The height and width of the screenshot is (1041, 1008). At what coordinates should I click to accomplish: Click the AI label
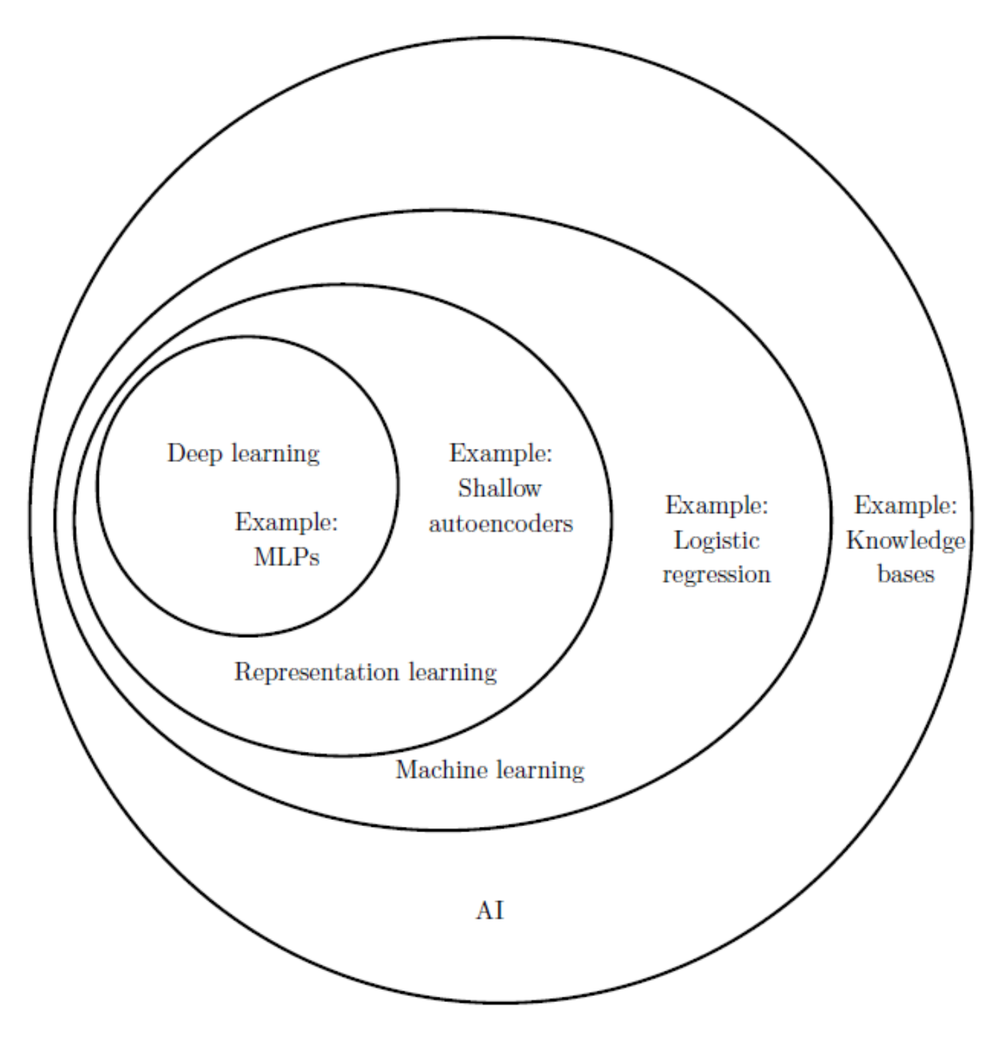[489, 911]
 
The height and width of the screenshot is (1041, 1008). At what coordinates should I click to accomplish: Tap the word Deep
[195, 454]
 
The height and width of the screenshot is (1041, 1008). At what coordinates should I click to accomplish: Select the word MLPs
[286, 557]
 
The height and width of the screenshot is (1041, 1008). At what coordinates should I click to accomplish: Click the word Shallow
[500, 488]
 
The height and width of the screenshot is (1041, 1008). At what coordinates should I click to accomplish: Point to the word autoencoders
[501, 524]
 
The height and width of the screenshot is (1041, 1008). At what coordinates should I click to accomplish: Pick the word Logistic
[716, 541]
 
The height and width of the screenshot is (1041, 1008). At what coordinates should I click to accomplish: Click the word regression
[716, 575]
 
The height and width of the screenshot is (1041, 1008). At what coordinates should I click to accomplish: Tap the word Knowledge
[906, 540]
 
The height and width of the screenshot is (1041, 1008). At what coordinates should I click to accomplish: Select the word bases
[906, 574]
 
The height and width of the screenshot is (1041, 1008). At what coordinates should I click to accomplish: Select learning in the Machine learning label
[540, 771]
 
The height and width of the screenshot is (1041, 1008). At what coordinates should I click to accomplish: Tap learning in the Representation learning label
[453, 673]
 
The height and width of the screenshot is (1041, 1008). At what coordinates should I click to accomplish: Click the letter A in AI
[485, 911]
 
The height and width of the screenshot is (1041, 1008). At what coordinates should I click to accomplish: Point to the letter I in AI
[499, 911]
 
